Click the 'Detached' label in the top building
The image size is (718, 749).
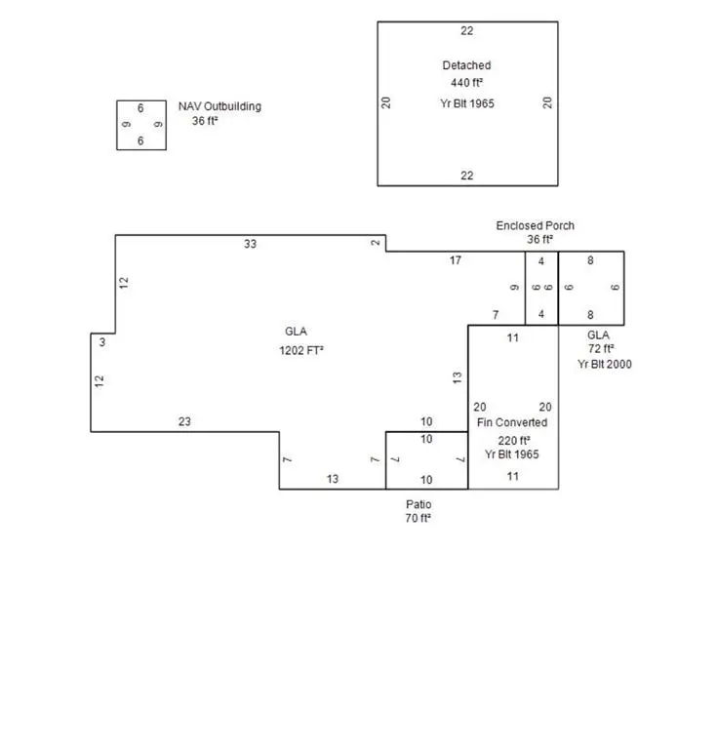[x=466, y=65]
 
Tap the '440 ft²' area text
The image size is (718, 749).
[x=466, y=83]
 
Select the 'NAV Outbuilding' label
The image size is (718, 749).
[x=219, y=106]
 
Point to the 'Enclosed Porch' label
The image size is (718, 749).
[x=535, y=225]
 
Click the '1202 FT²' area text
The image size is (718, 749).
[x=301, y=351]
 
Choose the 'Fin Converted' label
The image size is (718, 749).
[x=512, y=422]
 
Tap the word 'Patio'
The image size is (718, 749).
[x=419, y=504]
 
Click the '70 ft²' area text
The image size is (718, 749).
[x=418, y=518]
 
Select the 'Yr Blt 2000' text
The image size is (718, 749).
[x=604, y=364]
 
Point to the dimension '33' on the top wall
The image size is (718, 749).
[x=250, y=244]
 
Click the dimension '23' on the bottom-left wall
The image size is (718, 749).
[x=184, y=421]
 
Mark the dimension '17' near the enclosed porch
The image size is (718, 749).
[x=456, y=260]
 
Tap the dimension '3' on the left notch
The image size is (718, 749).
[x=102, y=342]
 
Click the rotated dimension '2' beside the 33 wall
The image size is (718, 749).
[x=376, y=243]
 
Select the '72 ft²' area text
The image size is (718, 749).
[x=601, y=349]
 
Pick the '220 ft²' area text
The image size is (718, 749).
[x=513, y=441]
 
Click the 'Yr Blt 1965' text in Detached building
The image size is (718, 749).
[x=467, y=103]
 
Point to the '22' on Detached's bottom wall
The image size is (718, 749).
[x=466, y=176]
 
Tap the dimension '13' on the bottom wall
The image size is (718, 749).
[x=333, y=479]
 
